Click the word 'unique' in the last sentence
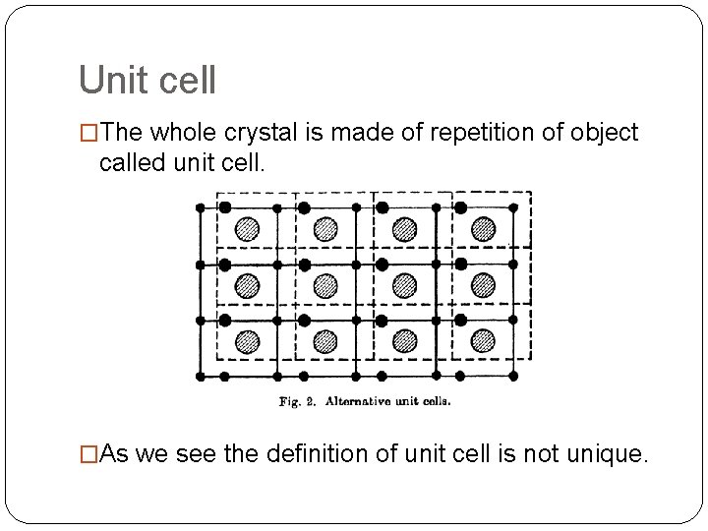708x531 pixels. pyautogui.click(x=608, y=454)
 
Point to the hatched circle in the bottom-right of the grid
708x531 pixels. pyautogui.click(x=483, y=340)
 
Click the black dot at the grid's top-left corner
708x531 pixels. pyautogui.click(x=201, y=207)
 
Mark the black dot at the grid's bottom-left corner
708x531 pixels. pyautogui.click(x=201, y=376)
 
